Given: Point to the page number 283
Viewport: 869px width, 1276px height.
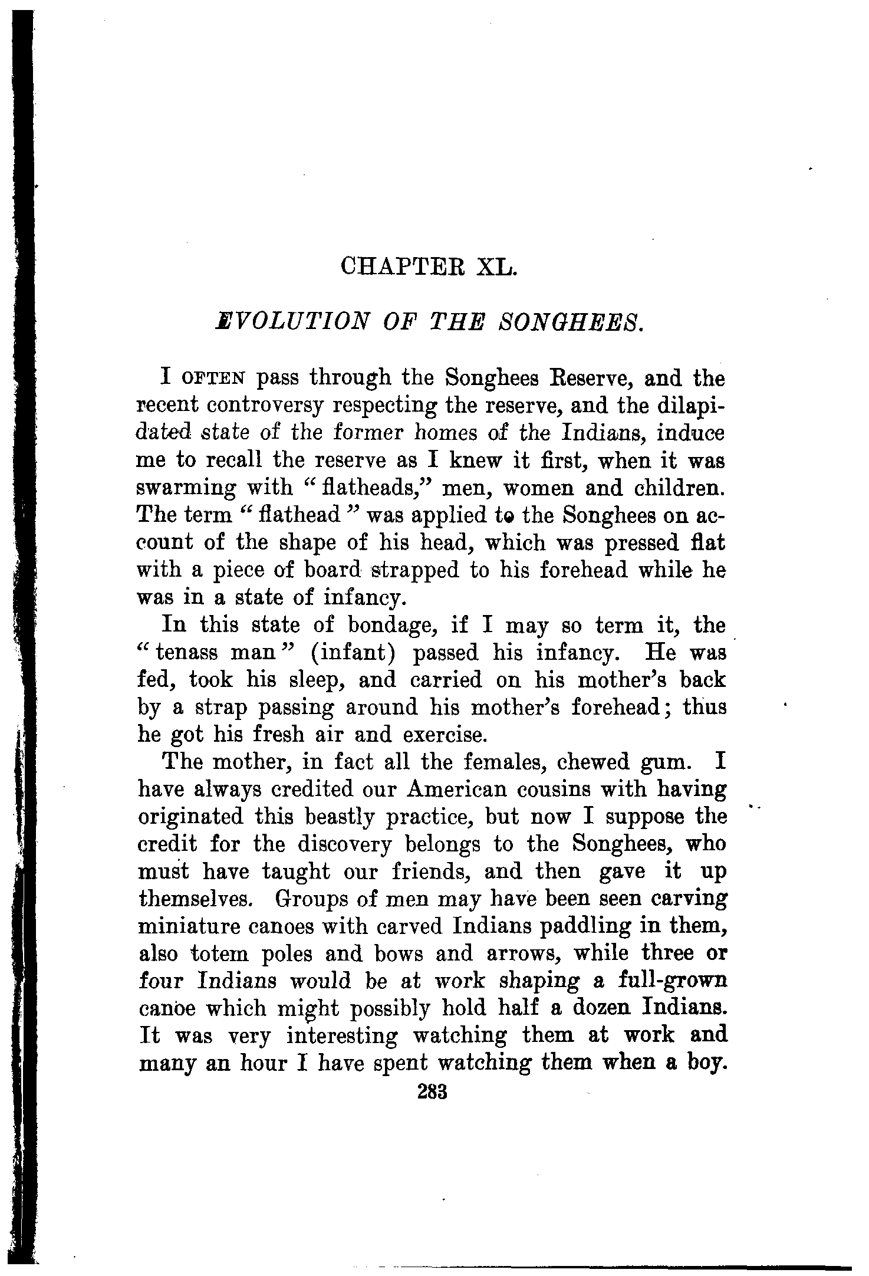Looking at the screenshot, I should pos(433,1091).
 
